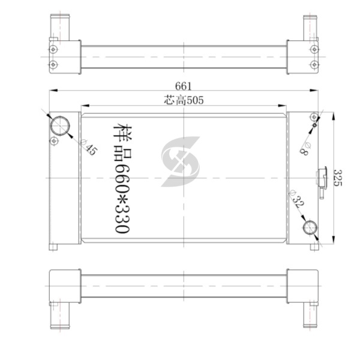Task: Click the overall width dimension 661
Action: click(x=183, y=86)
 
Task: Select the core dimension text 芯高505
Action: click(x=184, y=100)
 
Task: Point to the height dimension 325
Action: click(x=338, y=178)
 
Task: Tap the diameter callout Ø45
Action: click(x=89, y=148)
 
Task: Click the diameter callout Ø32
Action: click(x=297, y=199)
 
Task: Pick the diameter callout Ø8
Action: click(x=305, y=149)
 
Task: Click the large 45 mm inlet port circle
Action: click(x=60, y=126)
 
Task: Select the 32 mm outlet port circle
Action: click(x=310, y=227)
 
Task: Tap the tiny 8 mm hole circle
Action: click(x=314, y=125)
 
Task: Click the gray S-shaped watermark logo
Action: click(x=181, y=161)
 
